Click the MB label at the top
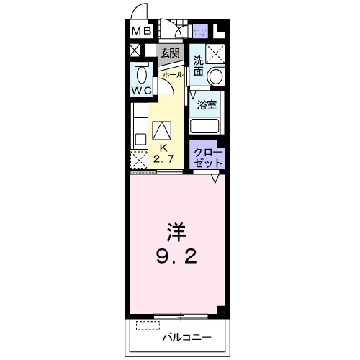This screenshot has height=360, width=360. pos(141,31)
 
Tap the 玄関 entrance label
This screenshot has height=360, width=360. pos(169,53)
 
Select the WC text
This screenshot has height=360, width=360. pos(141,91)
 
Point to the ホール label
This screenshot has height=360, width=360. pos(172,74)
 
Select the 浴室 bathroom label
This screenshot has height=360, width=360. pos(208,104)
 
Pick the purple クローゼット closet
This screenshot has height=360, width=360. pos(208,157)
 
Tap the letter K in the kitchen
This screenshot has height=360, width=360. pos(163,148)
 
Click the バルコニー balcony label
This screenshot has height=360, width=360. pos(185,336)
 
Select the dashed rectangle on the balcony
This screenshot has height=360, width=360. pos(146,325)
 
